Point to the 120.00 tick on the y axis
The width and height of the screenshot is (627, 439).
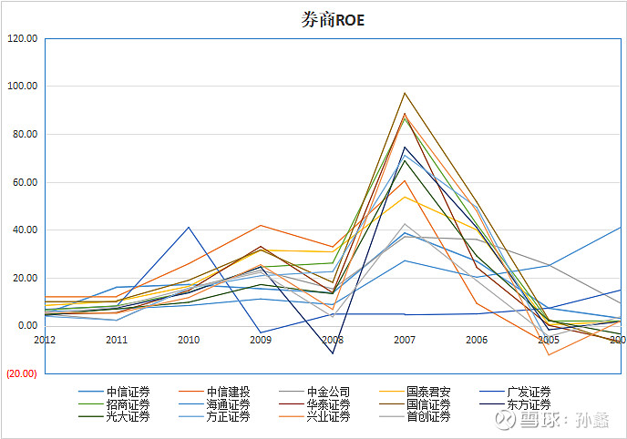coord(21,39)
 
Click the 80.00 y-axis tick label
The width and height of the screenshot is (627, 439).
coord(23,135)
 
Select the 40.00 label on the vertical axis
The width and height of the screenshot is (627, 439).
coord(23,230)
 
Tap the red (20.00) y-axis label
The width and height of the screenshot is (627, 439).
coord(21,373)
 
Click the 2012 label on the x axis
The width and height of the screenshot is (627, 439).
coord(45,340)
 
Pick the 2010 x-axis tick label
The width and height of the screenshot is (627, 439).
coord(189,340)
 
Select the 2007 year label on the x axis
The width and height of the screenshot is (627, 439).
coord(405,340)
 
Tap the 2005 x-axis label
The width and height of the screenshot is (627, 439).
coord(549,340)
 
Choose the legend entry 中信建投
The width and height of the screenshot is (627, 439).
coord(229,393)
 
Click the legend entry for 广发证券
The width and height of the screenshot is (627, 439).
coord(529,393)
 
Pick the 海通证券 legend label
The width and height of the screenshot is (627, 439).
coord(229,404)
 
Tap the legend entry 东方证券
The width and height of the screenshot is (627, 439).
coord(529,404)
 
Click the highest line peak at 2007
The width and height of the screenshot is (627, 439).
coord(405,93)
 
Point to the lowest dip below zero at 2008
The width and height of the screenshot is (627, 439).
coord(333,353)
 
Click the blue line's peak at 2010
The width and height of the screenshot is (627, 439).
coord(189,227)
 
